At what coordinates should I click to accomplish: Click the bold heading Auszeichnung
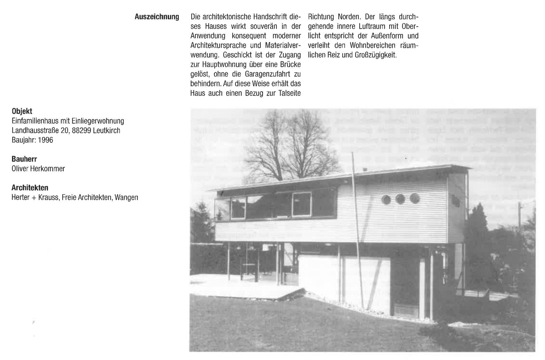pyautogui.click(x=157, y=17)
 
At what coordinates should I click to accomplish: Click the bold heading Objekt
pyautogui.click(x=22, y=111)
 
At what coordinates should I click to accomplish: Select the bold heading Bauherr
pyautogui.click(x=24, y=159)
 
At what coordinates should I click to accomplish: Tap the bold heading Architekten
pyautogui.click(x=30, y=188)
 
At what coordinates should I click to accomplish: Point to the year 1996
pyautogui.click(x=45, y=140)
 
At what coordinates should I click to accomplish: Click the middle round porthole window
pyautogui.click(x=400, y=199)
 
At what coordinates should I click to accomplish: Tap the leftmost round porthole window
pyautogui.click(x=386, y=199)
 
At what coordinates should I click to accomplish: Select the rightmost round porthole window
pyautogui.click(x=414, y=198)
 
